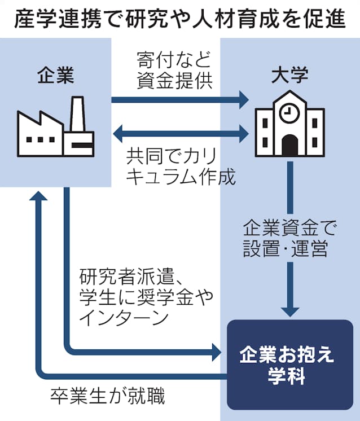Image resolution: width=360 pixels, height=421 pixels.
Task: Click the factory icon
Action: (55, 127)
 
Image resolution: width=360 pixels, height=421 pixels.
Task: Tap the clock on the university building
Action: (289, 111)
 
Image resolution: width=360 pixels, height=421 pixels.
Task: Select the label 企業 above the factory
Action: (55, 75)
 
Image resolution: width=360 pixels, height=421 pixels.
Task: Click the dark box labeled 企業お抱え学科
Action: (289, 365)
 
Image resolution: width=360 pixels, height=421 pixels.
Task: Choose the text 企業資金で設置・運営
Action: (289, 239)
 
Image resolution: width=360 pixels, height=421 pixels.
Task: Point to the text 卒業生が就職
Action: (107, 396)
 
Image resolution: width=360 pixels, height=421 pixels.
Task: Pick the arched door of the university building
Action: (289, 145)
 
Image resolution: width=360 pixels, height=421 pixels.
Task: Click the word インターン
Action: (124, 318)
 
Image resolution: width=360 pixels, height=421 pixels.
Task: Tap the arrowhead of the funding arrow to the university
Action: (243, 100)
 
